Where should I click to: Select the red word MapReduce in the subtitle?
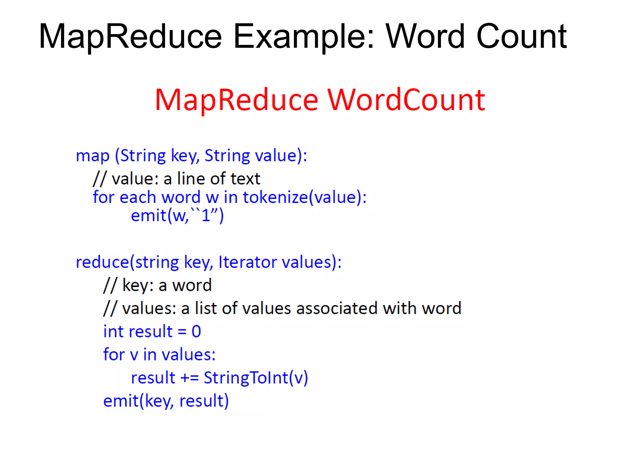coord(237,100)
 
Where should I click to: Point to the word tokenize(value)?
coord(305,198)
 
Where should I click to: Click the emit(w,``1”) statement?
coord(177,216)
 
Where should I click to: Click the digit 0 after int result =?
coord(196,332)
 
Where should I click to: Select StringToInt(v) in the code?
coord(256,378)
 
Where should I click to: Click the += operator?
coord(189,378)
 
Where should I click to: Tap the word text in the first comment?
coord(245,179)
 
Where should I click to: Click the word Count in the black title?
coord(521,37)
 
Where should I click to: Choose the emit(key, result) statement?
coord(166,401)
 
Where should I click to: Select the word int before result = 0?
coord(114,332)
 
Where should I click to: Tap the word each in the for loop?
coord(138,198)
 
